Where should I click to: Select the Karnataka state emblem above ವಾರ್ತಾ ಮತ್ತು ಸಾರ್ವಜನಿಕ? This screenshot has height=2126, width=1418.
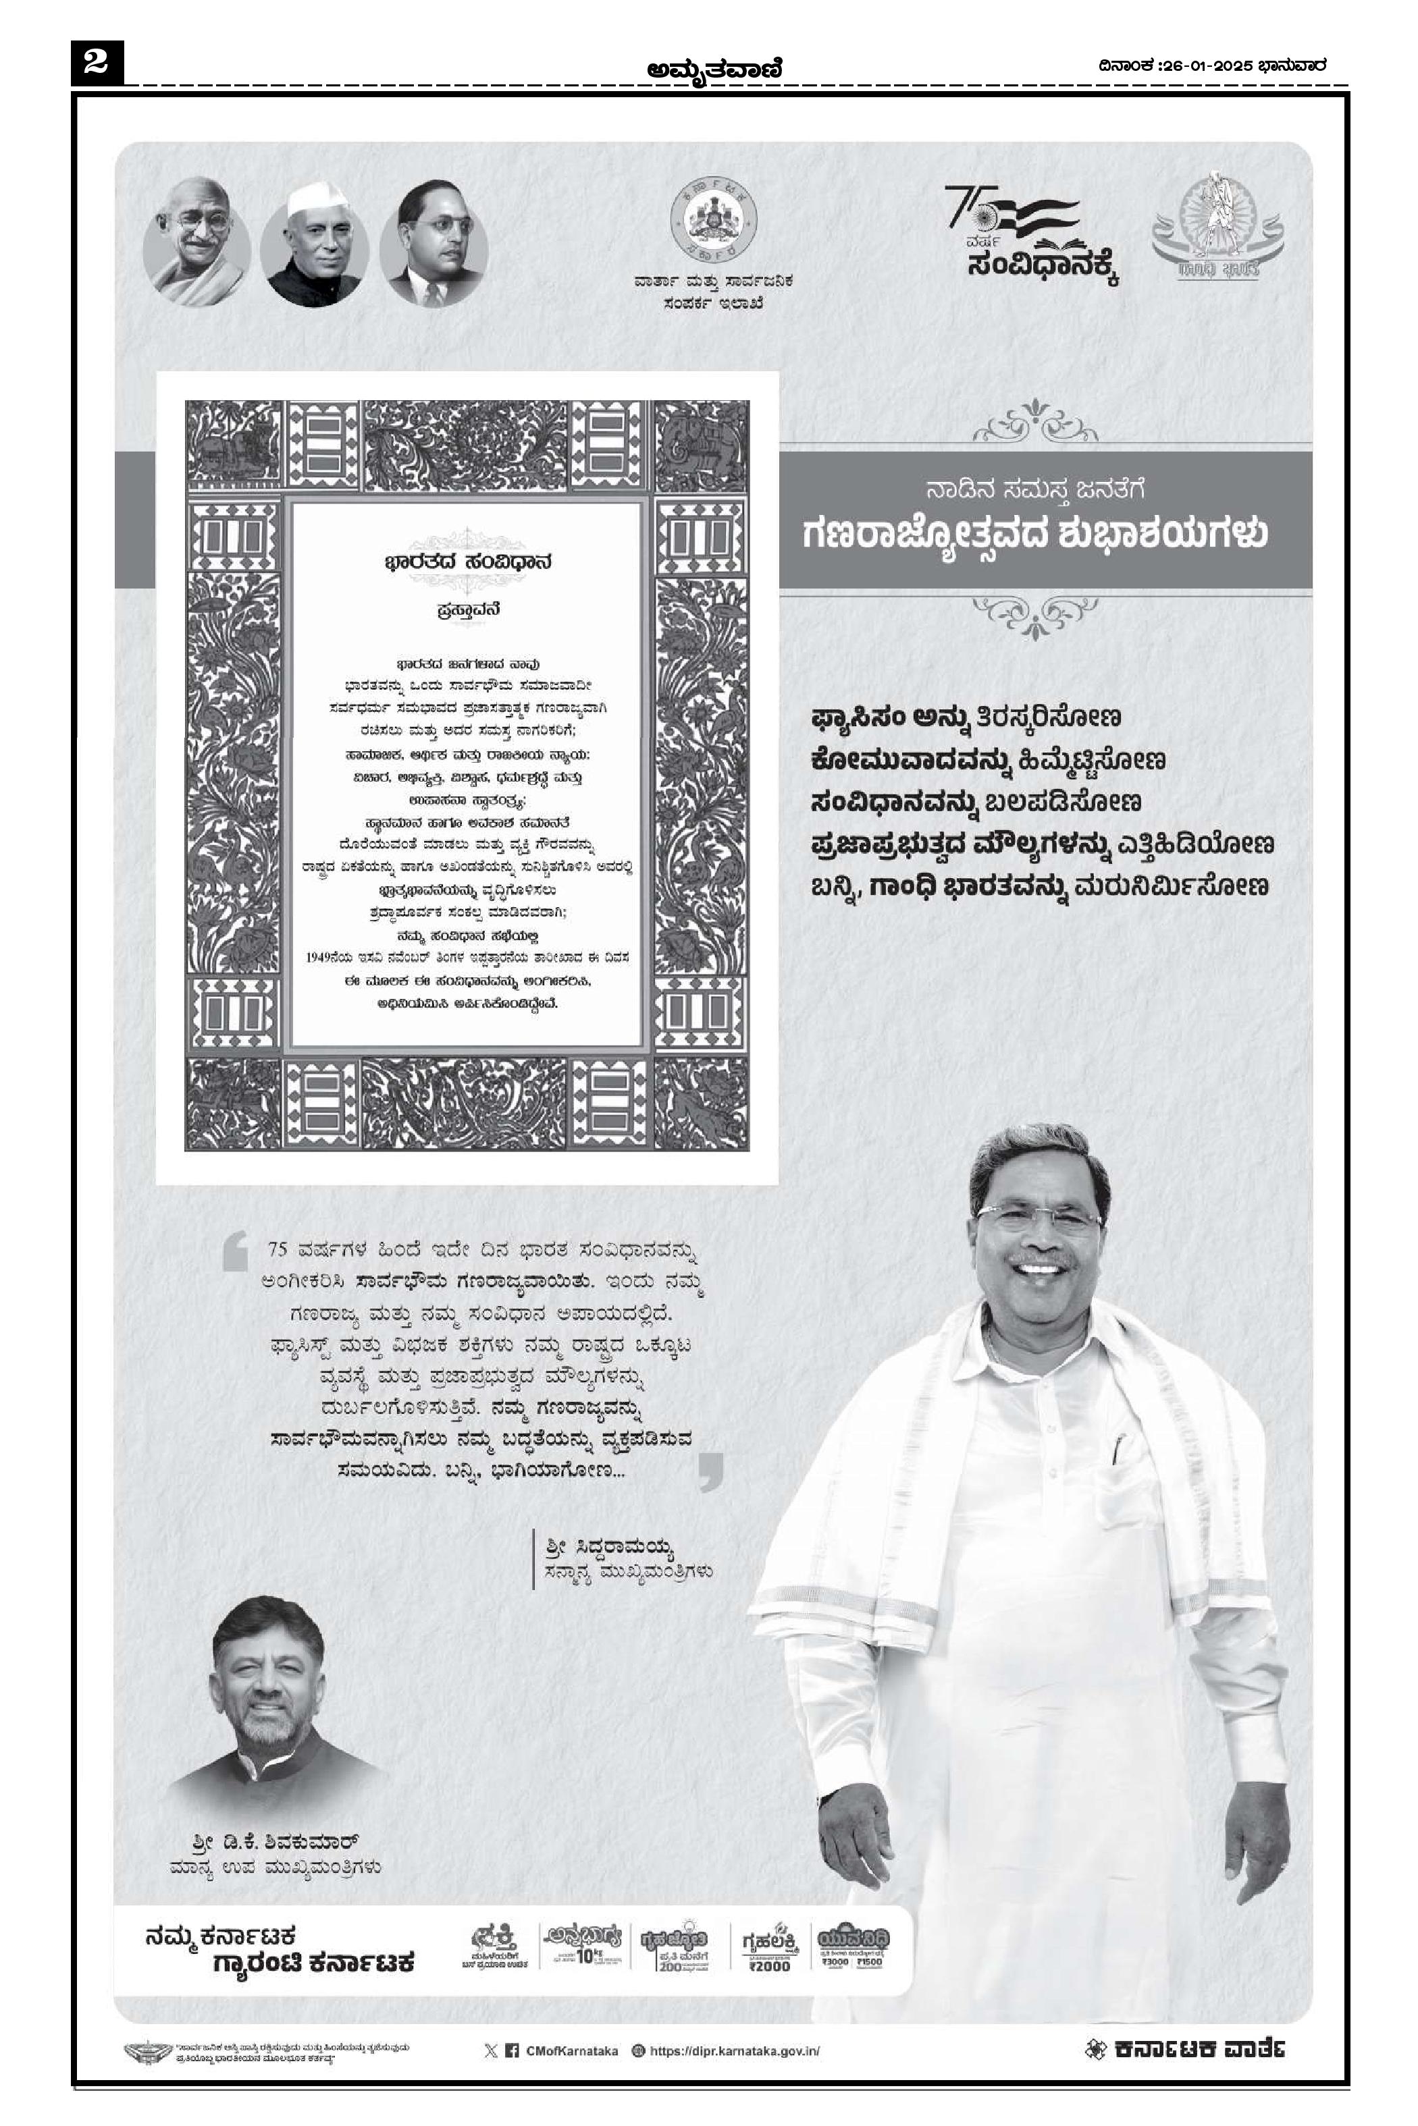click(x=712, y=222)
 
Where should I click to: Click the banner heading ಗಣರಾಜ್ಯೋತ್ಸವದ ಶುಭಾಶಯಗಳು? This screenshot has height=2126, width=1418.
click(x=1034, y=533)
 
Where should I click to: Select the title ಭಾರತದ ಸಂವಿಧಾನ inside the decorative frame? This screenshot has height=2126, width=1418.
click(x=467, y=562)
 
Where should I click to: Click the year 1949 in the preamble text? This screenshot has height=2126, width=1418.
click(x=322, y=956)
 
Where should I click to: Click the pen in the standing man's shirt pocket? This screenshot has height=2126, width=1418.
click(x=1118, y=1447)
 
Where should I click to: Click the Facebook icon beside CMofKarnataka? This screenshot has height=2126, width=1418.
click(x=511, y=2051)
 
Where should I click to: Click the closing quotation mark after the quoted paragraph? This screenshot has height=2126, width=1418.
click(x=711, y=1471)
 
